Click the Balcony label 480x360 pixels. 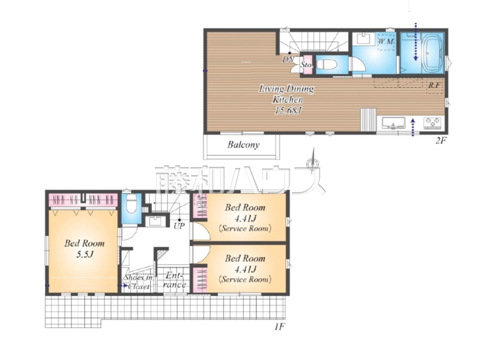pos(243,145)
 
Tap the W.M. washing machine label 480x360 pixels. pos(386,41)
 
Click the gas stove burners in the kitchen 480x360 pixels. pos(432,123)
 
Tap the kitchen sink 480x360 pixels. pos(393,123)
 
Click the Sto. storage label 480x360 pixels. pos(307,65)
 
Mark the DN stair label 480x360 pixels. pos(288,59)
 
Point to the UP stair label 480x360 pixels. pos(179,226)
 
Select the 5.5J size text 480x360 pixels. pos(85,254)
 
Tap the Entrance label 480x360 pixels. pos(174,280)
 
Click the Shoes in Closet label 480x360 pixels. pos(138,282)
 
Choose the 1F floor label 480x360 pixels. pos(279,333)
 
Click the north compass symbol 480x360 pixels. pos(313,162)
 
